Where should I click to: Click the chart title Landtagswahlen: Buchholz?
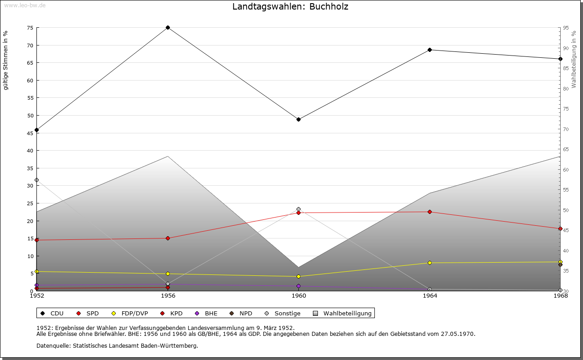pyautogui.click(x=290, y=7)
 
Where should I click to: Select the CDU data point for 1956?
pyautogui.click(x=168, y=28)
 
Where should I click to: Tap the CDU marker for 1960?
pyautogui.click(x=299, y=120)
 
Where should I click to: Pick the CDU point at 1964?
pyautogui.click(x=430, y=50)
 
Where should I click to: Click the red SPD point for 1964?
pyautogui.click(x=430, y=212)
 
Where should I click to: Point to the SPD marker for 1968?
pyautogui.click(x=560, y=229)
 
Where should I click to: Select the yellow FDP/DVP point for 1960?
pyautogui.click(x=299, y=277)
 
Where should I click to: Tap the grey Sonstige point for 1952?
pyautogui.click(x=37, y=180)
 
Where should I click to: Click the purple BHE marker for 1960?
pyautogui.click(x=299, y=286)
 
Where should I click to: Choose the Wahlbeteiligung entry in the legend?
pyautogui.click(x=347, y=314)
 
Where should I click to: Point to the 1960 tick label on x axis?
pyautogui.click(x=299, y=296)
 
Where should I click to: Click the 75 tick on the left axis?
pyautogui.click(x=30, y=28)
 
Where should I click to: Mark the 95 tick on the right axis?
pyautogui.click(x=565, y=28)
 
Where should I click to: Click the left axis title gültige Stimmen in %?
pyautogui.click(x=6, y=60)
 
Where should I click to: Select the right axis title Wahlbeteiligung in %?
pyautogui.click(x=574, y=59)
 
